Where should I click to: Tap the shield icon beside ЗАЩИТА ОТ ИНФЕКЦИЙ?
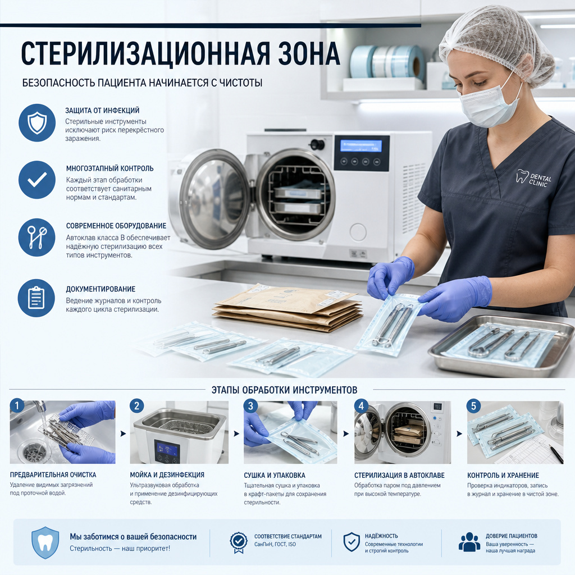coord(37,122)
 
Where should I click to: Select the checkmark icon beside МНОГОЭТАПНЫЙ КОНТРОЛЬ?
coord(37,180)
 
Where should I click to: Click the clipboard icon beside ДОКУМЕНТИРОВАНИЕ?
coord(36,298)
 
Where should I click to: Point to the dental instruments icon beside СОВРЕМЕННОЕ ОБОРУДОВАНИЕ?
coord(36,238)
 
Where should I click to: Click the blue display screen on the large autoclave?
coord(361,145)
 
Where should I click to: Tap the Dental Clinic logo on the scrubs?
coord(533,178)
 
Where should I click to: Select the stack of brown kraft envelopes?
coord(286,307)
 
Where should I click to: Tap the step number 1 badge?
coord(17,405)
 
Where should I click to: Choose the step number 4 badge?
coord(361,406)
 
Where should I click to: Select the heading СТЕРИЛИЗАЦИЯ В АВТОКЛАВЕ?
coord(399,475)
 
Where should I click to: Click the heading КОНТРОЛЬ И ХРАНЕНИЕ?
coord(503,475)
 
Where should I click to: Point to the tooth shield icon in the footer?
coord(45,543)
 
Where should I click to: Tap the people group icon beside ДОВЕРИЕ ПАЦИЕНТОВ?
coord(469,542)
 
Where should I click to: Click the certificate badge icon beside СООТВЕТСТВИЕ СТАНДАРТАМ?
coord(238,542)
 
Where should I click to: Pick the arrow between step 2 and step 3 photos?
coord(236,434)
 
